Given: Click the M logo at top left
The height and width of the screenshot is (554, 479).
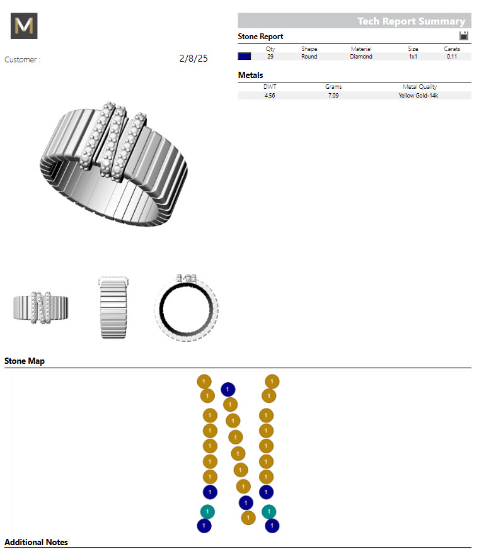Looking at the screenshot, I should pos(25,26).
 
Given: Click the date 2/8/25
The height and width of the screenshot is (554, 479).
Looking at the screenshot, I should pos(193,59).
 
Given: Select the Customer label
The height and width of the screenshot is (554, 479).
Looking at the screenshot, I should pos(22,60).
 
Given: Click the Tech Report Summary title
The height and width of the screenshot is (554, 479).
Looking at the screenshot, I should pos(411,21).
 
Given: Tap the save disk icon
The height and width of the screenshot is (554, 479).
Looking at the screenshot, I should pos(464,37).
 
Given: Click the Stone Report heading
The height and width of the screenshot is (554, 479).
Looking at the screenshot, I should pos(260,37).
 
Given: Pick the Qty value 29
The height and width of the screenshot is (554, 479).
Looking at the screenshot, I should pos(270,57).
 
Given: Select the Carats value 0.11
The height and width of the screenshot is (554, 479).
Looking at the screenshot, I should pos(451,57).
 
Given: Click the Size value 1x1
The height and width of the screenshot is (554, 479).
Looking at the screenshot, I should pos(413,57).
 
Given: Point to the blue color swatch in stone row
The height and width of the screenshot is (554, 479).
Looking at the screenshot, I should pos(245,57).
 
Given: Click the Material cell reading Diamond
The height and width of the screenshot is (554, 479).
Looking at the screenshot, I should pos(361,57).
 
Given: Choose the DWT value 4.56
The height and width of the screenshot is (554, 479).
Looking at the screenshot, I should pos(270,96).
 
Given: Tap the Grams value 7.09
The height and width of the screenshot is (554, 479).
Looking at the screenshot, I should pos(333,96).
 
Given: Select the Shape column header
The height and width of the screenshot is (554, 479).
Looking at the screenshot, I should pos(309,49).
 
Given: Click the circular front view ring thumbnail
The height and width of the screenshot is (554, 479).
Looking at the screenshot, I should pos(187,308).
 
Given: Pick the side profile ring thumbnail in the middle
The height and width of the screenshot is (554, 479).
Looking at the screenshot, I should pos(114,308).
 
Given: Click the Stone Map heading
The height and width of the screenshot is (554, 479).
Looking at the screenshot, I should pos(25,361).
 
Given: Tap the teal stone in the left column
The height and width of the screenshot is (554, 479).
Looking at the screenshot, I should pos(207,511).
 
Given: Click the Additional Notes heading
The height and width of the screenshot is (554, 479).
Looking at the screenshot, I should pos(36,542).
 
